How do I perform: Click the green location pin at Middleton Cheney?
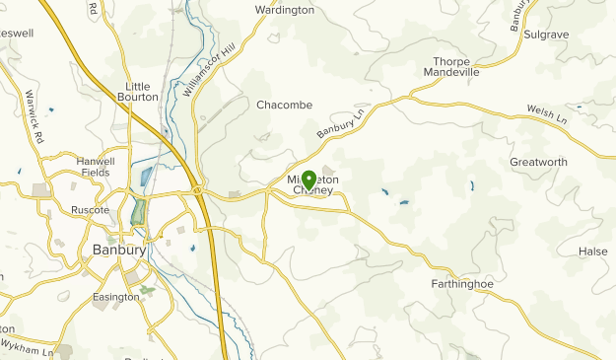(308, 180)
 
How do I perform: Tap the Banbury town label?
(119, 250)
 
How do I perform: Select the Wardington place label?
(284, 10)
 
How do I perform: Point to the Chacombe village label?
(284, 105)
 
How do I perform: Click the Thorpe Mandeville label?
(451, 65)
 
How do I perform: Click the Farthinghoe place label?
(461, 284)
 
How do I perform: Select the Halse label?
(593, 252)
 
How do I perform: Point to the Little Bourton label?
(142, 91)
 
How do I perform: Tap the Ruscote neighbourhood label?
(89, 210)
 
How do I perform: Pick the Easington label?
(116, 297)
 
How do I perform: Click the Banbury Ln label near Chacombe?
(340, 123)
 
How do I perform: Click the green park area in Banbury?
(138, 211)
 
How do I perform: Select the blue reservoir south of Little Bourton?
(147, 177)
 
